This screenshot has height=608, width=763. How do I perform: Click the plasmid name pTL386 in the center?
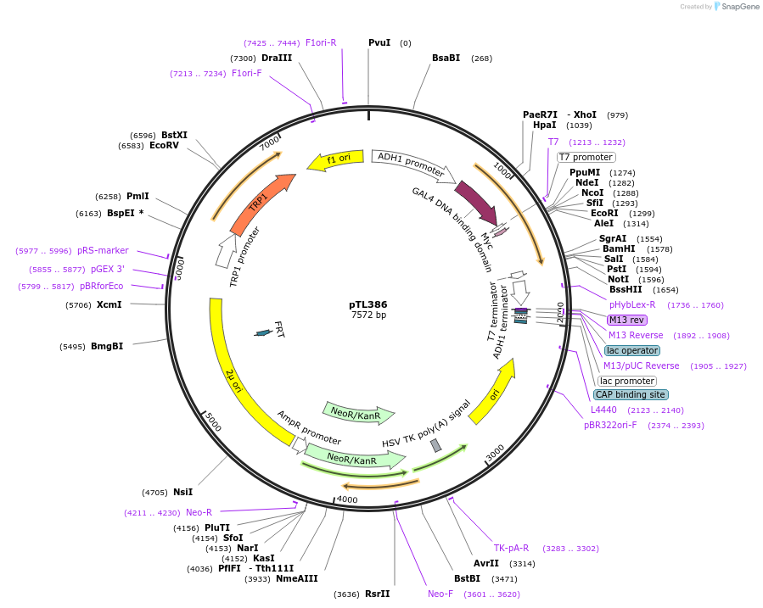click(368, 304)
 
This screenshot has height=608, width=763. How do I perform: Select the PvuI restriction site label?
click(379, 42)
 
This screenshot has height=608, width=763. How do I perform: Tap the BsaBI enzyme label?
click(446, 58)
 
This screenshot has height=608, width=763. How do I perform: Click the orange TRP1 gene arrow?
click(261, 204)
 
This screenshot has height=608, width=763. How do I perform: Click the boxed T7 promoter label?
click(586, 157)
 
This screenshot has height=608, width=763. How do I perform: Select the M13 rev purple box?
click(626, 320)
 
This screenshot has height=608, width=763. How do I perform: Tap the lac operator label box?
click(632, 350)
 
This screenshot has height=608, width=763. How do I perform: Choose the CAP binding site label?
click(630, 394)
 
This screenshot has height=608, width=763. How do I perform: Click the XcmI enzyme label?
click(109, 304)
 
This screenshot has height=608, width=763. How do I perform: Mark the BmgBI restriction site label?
click(107, 346)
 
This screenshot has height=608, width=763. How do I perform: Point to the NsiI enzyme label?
click(182, 492)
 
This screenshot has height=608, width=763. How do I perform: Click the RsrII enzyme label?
click(377, 594)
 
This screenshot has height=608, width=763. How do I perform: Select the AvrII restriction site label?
click(486, 563)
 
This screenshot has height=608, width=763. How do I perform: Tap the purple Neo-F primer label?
click(440, 594)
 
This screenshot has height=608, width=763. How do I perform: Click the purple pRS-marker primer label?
click(103, 250)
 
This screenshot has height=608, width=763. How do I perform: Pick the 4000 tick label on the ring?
click(347, 499)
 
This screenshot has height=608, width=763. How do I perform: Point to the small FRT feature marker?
click(263, 332)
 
